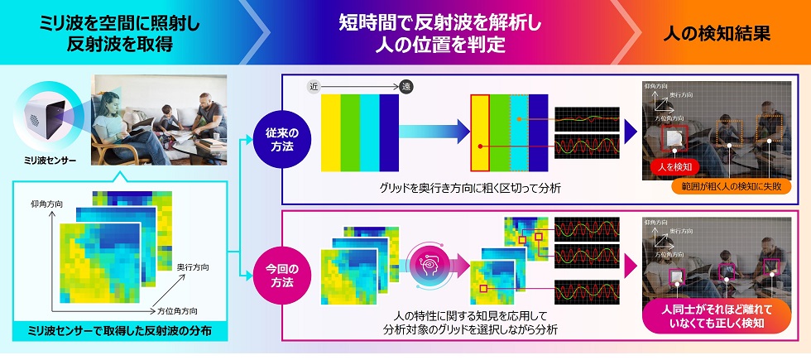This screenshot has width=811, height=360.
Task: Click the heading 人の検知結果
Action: click(x=717, y=35)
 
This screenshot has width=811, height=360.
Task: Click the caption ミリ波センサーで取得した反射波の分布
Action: click(x=119, y=332)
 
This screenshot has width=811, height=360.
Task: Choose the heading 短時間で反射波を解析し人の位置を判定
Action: click(x=439, y=35)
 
